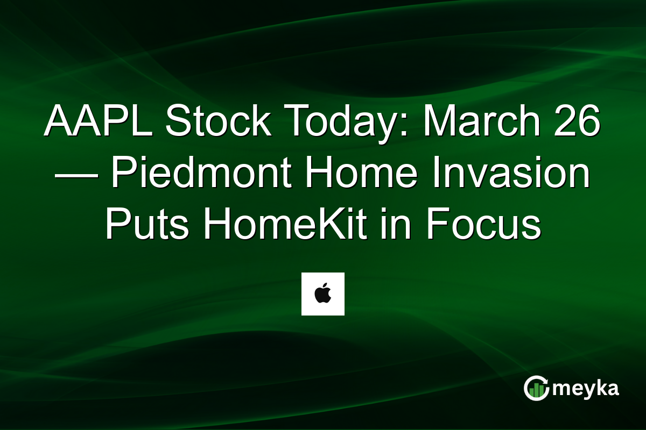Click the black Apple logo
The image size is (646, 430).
322,295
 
